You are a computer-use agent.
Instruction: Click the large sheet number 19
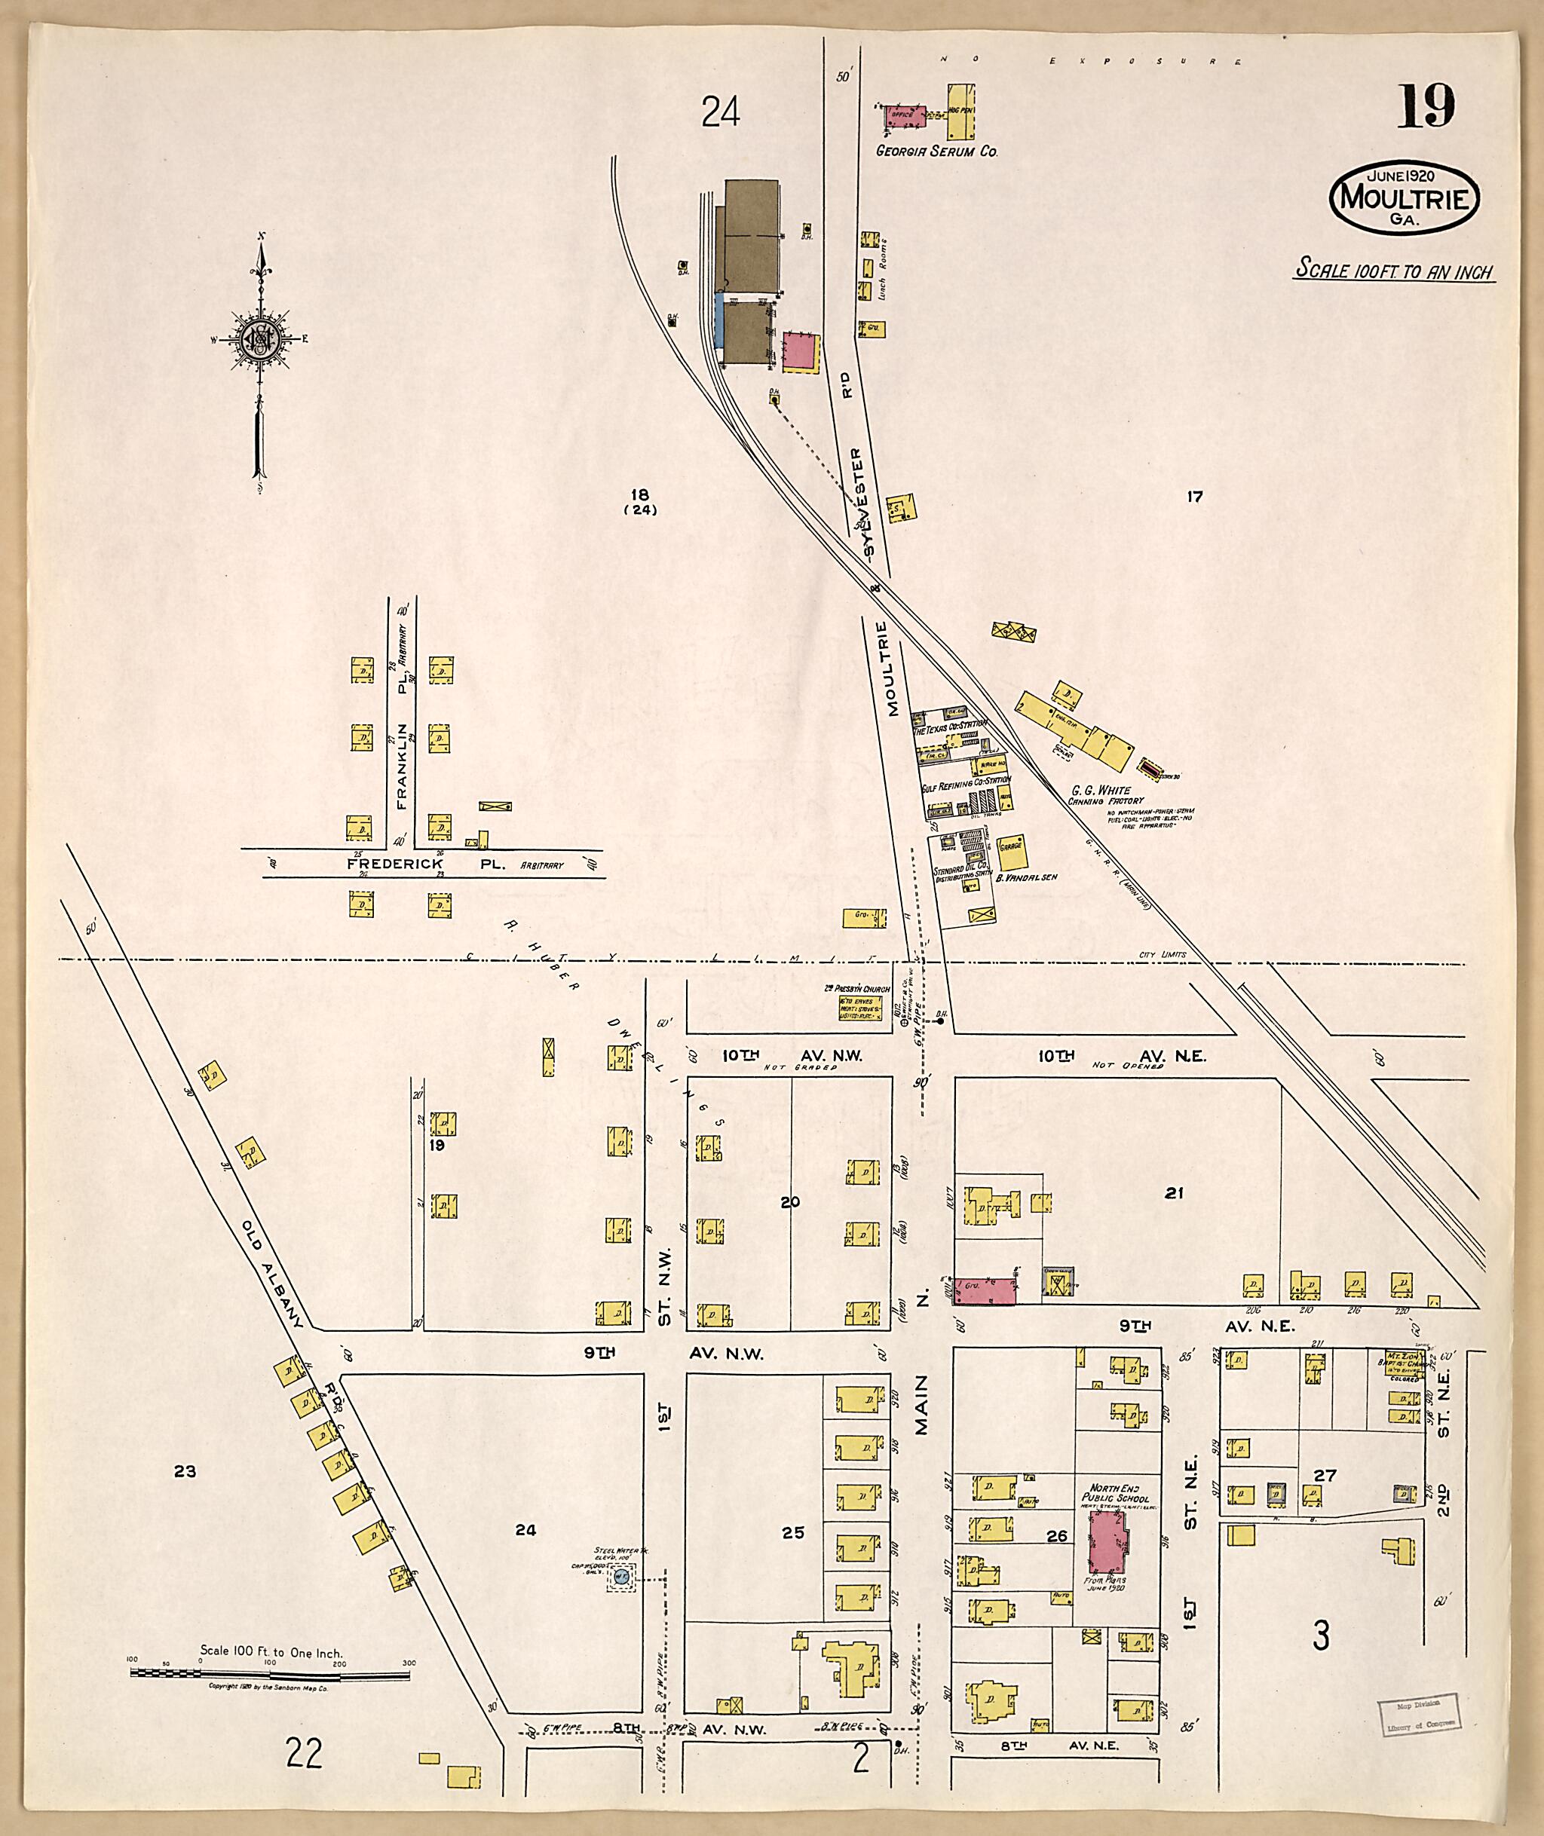pyautogui.click(x=1426, y=107)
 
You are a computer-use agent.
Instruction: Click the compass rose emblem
pyautogui.click(x=260, y=338)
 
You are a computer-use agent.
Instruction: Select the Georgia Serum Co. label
pyautogui.click(x=936, y=151)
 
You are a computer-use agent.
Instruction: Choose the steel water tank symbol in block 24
pyautogui.click(x=621, y=1577)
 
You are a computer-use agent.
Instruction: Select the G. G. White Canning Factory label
pyautogui.click(x=1104, y=794)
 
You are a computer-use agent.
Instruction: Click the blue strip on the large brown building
pyautogui.click(x=719, y=320)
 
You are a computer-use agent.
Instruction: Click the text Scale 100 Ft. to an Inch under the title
pyautogui.click(x=1394, y=271)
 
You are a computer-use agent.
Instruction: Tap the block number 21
pyautogui.click(x=1174, y=1193)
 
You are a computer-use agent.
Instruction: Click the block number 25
pyautogui.click(x=793, y=1532)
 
